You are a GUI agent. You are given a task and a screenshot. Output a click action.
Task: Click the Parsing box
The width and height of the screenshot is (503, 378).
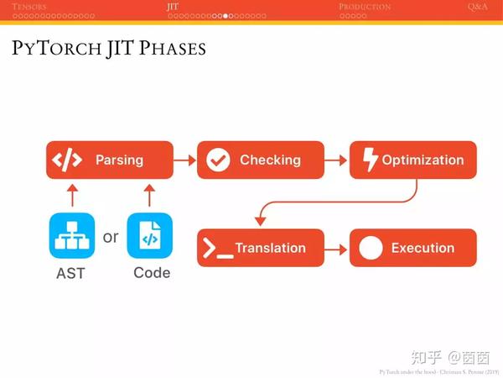click(x=109, y=160)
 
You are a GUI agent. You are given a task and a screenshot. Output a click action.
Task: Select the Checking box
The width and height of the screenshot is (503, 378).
click(x=261, y=160)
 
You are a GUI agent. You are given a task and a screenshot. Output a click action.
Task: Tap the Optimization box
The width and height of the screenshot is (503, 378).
click(x=412, y=160)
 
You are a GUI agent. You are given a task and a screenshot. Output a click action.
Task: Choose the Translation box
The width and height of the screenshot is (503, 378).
click(x=261, y=248)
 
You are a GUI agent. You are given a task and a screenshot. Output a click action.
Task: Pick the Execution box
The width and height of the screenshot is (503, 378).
click(x=412, y=248)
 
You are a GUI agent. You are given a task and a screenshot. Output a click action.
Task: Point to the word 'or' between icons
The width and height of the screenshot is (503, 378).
click(x=111, y=237)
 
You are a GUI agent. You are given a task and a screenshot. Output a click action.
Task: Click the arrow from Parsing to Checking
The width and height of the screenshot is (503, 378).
click(x=184, y=160)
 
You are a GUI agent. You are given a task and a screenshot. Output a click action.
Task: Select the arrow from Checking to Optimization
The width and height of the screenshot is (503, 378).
click(x=337, y=160)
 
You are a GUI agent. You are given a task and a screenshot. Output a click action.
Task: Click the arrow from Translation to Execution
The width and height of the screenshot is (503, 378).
click(x=337, y=249)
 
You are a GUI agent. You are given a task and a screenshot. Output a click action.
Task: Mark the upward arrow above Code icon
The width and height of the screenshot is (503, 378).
click(x=149, y=196)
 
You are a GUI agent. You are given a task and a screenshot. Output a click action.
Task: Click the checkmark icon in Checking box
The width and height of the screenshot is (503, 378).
click(x=218, y=160)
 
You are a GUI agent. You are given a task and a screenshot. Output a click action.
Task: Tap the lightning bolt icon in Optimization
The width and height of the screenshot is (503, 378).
click(x=370, y=160)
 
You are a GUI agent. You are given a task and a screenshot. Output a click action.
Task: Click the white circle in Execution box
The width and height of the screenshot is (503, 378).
click(x=371, y=248)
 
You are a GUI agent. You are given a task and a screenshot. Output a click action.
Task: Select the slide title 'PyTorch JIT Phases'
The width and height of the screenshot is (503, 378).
click(x=109, y=48)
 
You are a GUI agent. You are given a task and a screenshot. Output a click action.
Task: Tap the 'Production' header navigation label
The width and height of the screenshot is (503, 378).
click(x=365, y=6)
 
